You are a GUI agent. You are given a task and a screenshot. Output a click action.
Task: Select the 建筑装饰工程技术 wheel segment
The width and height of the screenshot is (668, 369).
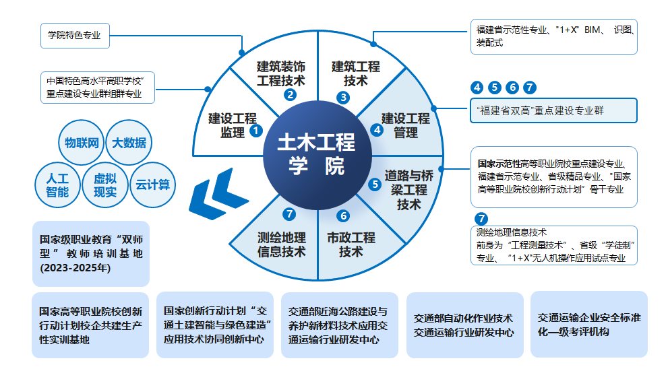(281, 74)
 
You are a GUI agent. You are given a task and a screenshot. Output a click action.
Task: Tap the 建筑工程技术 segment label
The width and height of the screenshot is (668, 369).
(355, 73)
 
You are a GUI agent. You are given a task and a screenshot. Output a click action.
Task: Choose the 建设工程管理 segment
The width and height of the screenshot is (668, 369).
(405, 125)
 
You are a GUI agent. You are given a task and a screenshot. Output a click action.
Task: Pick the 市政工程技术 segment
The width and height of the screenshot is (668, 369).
(351, 244)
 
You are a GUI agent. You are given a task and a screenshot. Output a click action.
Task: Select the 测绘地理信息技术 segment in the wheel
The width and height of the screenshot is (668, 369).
(281, 244)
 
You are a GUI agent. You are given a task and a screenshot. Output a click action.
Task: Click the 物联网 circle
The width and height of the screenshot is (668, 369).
(82, 143)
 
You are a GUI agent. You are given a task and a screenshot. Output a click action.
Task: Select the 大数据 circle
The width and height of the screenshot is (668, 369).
(129, 143)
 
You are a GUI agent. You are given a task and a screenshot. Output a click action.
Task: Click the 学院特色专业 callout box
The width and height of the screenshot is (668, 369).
(74, 35)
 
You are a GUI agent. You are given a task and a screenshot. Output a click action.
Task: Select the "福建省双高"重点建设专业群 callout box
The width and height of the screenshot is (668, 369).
(553, 110)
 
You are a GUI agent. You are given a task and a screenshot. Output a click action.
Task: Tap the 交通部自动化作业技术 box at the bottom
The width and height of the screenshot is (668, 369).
(464, 325)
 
